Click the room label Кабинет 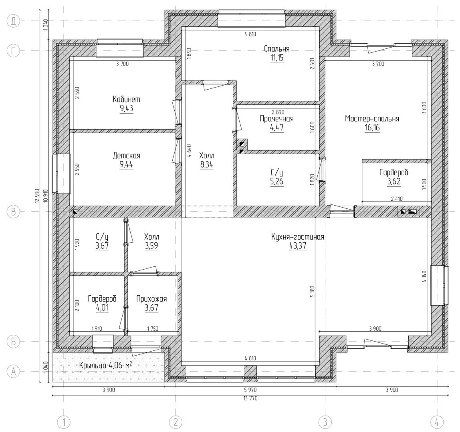(x=127, y=99)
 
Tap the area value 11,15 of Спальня (x=276, y=58)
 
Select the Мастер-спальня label (x=372, y=119)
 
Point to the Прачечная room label (x=276, y=119)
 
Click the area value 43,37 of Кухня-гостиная (x=298, y=246)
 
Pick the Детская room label (x=127, y=156)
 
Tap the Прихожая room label (x=151, y=299)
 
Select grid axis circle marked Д (x=13, y=21)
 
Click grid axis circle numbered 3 (x=325, y=422)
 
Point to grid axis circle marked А (x=13, y=371)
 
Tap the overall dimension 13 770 (x=250, y=398)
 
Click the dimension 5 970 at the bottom (x=250, y=390)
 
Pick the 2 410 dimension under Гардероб (x=397, y=199)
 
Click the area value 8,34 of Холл (x=206, y=164)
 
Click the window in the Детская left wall (x=61, y=173)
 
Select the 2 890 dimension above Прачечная (x=278, y=112)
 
